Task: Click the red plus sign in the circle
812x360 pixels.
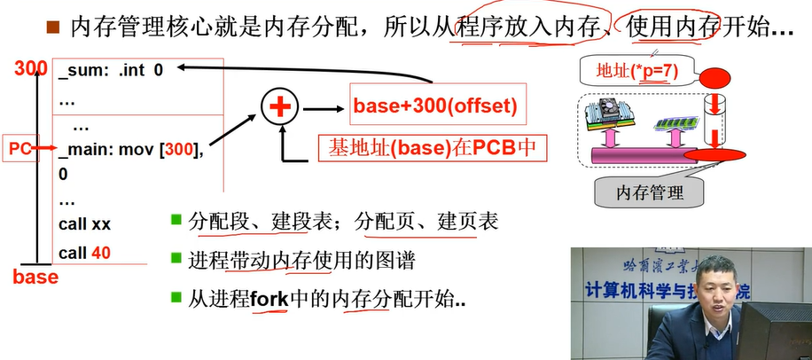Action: (x=280, y=108)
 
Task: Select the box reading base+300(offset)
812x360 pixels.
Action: (x=434, y=106)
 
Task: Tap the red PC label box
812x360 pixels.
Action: (x=20, y=149)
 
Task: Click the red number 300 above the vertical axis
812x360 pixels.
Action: (x=31, y=68)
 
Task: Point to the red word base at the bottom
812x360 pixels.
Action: (x=35, y=278)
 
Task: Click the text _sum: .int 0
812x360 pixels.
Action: (x=111, y=68)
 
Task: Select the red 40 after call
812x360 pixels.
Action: (x=101, y=253)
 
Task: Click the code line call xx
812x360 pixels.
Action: (x=84, y=224)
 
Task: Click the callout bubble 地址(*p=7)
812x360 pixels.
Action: (x=636, y=71)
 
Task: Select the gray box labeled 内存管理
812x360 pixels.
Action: (x=650, y=191)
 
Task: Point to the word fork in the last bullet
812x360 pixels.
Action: (x=269, y=300)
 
